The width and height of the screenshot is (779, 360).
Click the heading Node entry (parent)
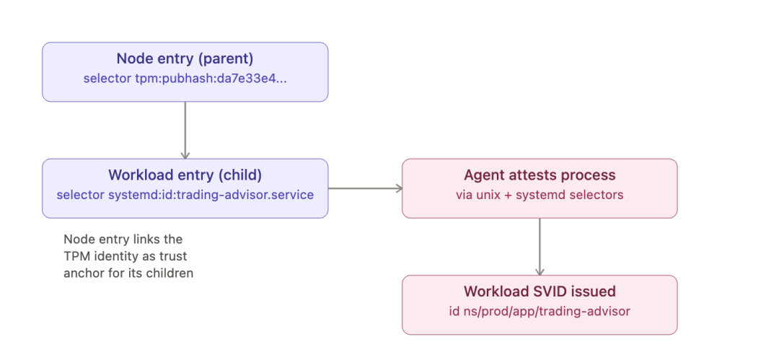point(185,58)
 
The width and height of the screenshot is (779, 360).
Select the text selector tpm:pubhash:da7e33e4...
point(185,79)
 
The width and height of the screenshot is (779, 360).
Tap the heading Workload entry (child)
point(185,175)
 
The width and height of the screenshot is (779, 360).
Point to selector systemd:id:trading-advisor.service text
point(185,195)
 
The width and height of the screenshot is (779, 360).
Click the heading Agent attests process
point(540,175)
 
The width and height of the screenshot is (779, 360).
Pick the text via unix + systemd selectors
point(540,195)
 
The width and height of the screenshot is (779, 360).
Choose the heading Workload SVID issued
point(540,291)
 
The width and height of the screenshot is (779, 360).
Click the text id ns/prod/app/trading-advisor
point(540,311)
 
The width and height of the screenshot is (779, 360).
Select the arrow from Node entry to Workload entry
point(185,131)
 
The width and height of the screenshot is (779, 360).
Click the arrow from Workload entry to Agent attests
point(365,188)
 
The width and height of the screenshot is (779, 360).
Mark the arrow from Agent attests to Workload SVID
point(540,247)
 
